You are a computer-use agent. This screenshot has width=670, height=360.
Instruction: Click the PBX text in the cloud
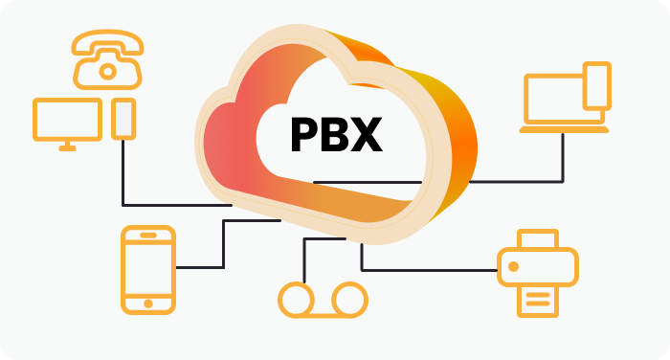coord(336,135)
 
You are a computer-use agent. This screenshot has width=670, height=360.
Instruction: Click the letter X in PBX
coord(367,135)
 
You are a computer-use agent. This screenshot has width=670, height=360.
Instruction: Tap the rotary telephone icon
coord(108,58)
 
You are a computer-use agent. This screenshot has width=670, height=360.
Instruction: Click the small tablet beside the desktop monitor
coord(123,118)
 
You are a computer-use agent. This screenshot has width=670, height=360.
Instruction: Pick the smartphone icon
coord(148,269)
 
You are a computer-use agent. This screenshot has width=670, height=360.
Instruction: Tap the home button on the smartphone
coord(148,303)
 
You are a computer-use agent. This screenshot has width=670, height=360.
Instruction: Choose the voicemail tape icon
coord(323,300)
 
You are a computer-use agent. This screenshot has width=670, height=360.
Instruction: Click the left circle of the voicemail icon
coord(296,300)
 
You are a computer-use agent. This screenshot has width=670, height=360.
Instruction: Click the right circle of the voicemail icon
coord(349,300)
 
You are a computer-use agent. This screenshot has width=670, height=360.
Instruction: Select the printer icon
coord(537,273)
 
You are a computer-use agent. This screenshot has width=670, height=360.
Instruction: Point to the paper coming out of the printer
coord(537,299)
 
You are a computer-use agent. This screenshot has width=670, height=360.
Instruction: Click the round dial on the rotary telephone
coord(108,70)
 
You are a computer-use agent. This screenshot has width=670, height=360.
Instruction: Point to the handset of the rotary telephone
coord(108,41)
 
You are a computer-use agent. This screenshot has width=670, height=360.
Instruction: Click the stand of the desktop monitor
coord(68,145)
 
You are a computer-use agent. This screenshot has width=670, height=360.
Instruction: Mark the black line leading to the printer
coord(431,267)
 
